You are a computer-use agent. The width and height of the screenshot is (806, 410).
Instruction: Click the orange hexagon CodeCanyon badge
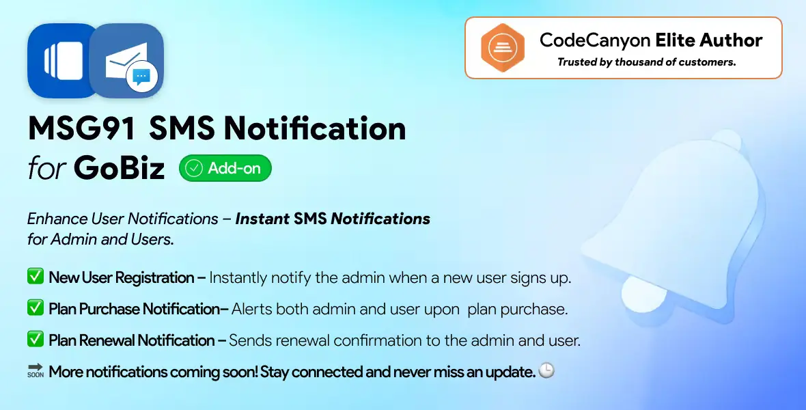[501, 48]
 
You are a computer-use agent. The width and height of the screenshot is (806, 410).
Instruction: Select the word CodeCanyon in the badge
[594, 40]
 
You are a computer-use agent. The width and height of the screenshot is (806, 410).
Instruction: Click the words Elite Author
[708, 40]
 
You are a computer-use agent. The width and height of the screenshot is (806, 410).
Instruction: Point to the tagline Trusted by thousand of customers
[646, 62]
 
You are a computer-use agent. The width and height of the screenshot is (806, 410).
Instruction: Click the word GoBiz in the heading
[119, 168]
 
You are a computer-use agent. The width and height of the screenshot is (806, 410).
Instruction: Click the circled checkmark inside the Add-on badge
[194, 168]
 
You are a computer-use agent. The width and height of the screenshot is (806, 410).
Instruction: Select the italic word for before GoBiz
[47, 169]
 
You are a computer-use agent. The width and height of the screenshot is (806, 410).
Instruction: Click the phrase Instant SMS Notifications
[333, 219]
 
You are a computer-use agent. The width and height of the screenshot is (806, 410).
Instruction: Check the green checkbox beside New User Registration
[35, 277]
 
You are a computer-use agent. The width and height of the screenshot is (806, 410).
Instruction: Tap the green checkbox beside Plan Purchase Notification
[35, 308]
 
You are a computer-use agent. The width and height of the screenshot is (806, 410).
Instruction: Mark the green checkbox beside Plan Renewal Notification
[35, 340]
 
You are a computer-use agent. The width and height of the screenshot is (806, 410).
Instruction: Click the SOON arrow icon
[35, 371]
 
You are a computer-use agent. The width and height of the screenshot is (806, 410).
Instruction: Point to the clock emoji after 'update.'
[546, 371]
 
